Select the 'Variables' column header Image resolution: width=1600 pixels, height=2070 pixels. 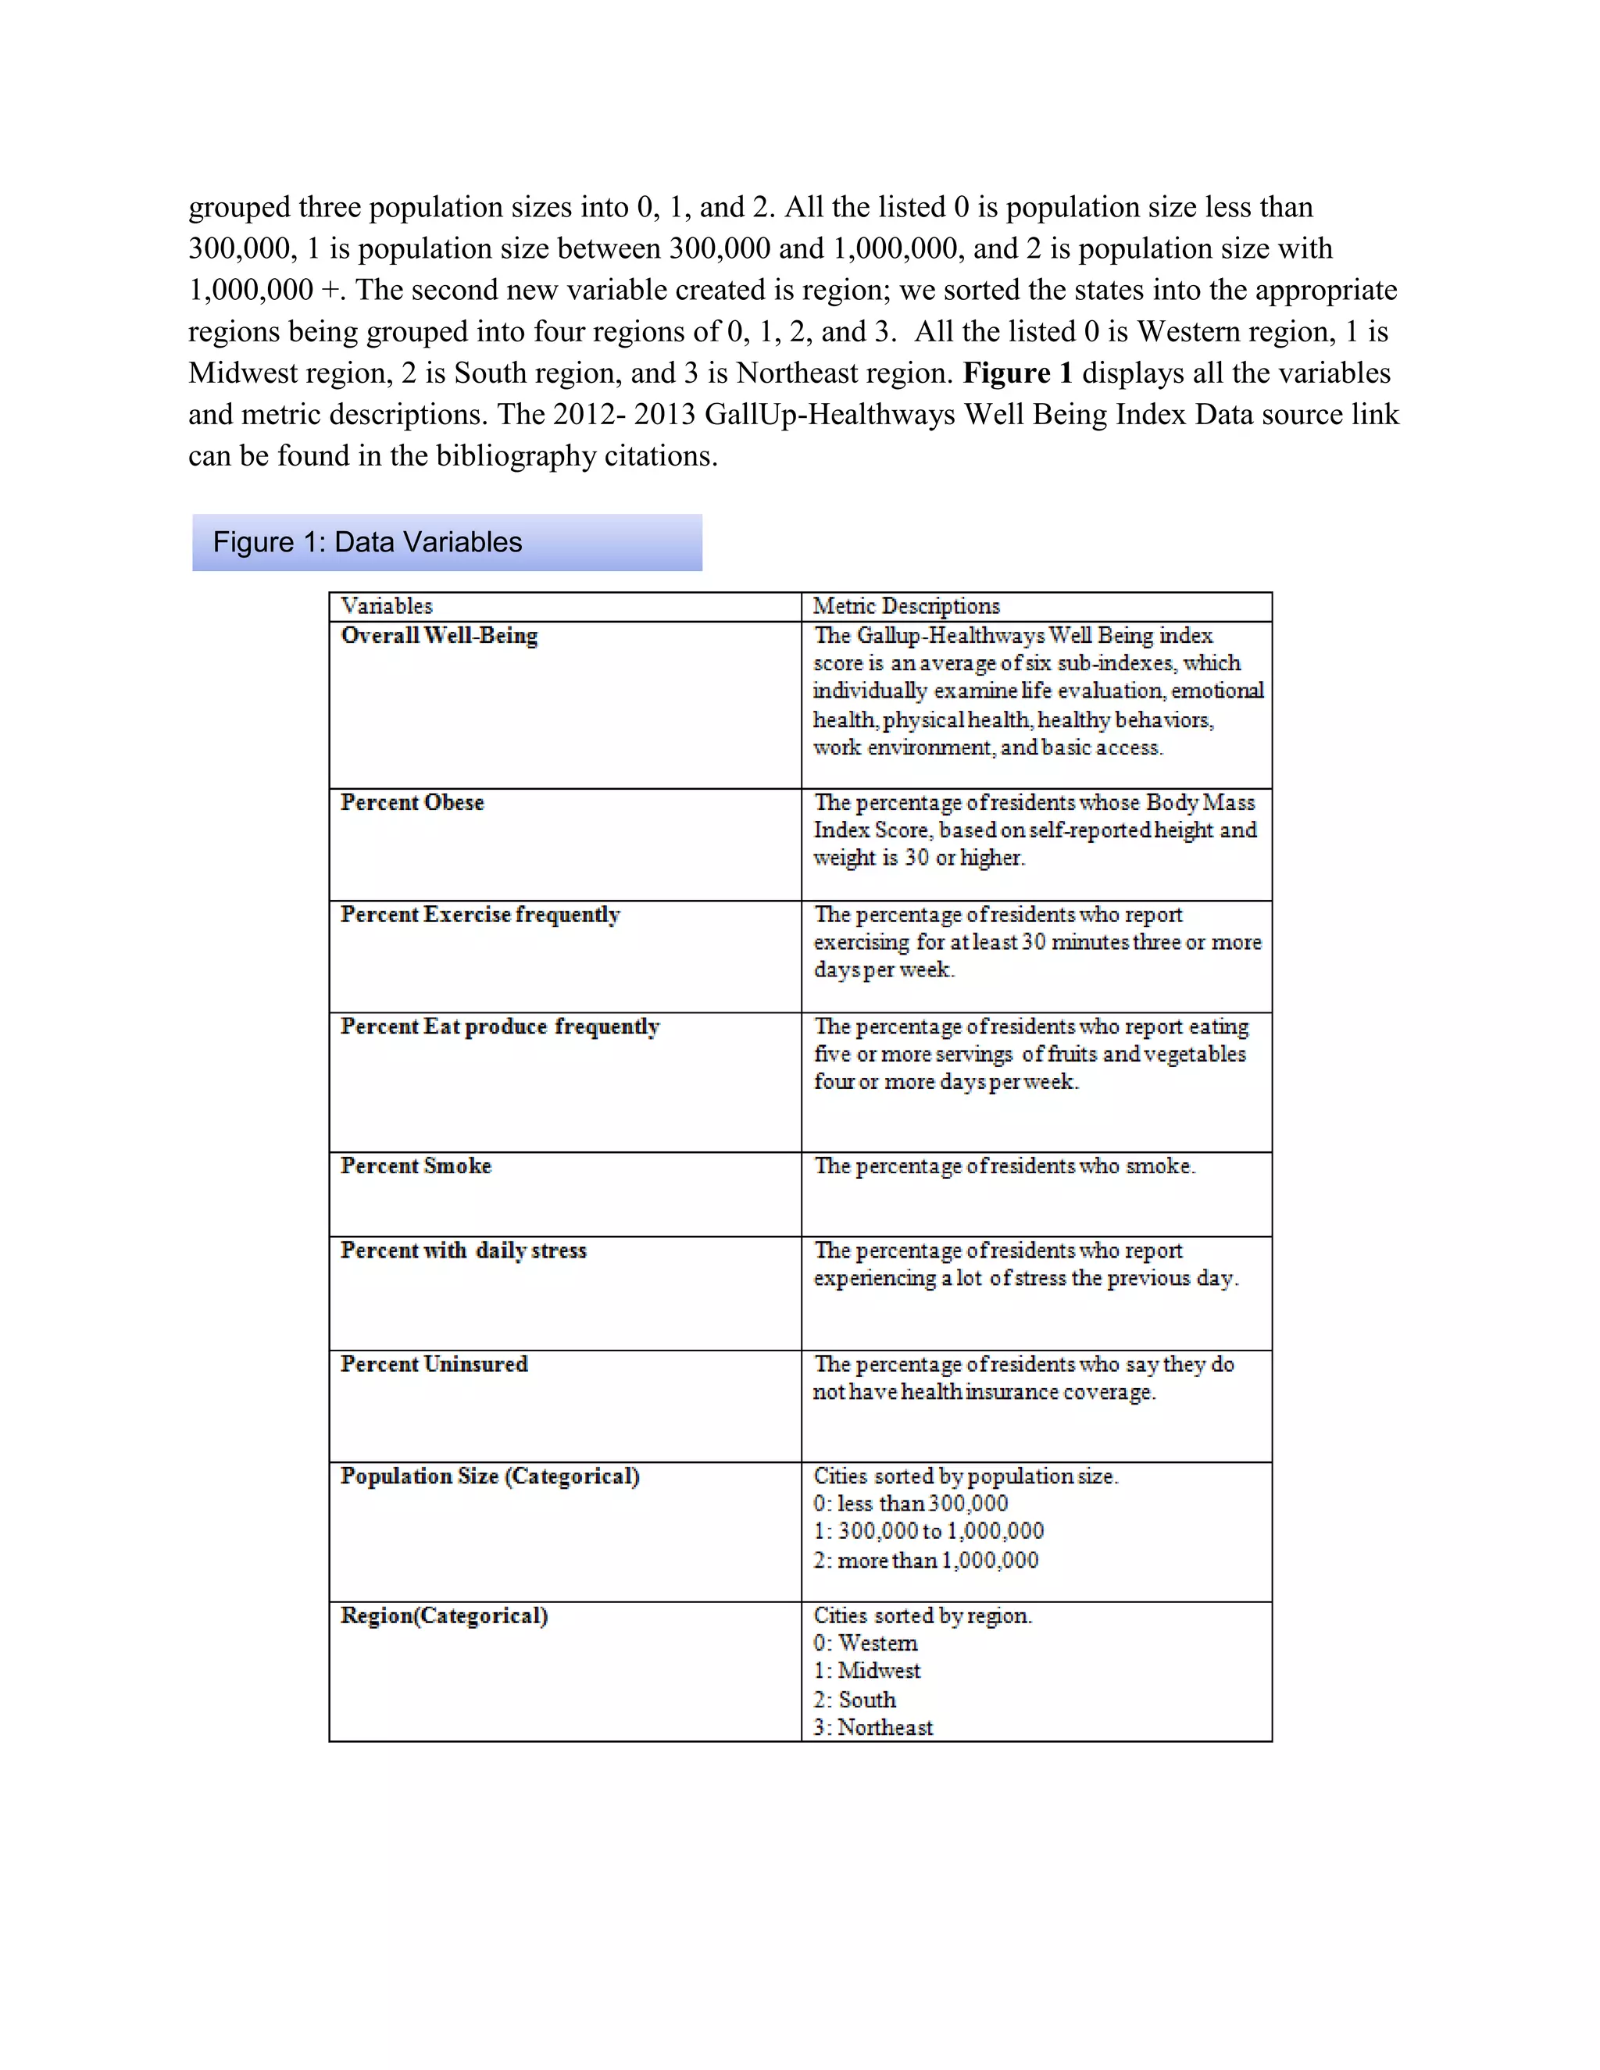pyautogui.click(x=387, y=605)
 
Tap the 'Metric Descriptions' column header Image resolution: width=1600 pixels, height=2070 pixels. pyautogui.click(x=906, y=605)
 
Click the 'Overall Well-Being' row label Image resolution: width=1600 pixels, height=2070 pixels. pyautogui.click(x=439, y=635)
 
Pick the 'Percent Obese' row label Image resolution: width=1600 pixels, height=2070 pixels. pyautogui.click(x=412, y=802)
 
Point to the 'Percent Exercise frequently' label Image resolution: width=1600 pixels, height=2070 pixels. pyautogui.click(x=480, y=914)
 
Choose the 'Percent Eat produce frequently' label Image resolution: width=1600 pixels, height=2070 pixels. pyautogui.click(x=499, y=1026)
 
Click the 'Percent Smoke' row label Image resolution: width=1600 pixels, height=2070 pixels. pyautogui.click(x=416, y=1165)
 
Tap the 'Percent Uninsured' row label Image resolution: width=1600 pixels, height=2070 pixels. pyautogui.click(x=434, y=1364)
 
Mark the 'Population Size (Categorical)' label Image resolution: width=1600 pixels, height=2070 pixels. pyautogui.click(x=490, y=1476)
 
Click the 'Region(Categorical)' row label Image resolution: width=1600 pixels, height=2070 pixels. pyautogui.click(x=445, y=1615)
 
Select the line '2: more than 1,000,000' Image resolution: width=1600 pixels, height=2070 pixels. pyautogui.click(x=926, y=1559)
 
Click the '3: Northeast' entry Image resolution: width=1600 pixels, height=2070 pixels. pyautogui.click(x=873, y=1727)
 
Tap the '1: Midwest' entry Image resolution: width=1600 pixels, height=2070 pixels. pyautogui.click(x=867, y=1670)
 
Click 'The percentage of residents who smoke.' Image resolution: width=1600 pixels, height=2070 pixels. pyautogui.click(x=1005, y=1165)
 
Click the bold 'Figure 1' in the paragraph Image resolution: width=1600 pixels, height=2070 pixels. pyautogui.click(x=1017, y=373)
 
